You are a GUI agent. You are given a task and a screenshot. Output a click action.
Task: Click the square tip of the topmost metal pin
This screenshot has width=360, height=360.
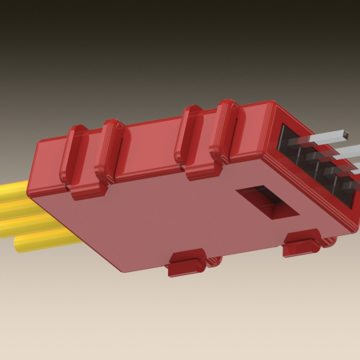(345, 133)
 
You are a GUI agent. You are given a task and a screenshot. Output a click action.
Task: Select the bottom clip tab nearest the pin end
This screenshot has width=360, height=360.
(301, 243)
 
